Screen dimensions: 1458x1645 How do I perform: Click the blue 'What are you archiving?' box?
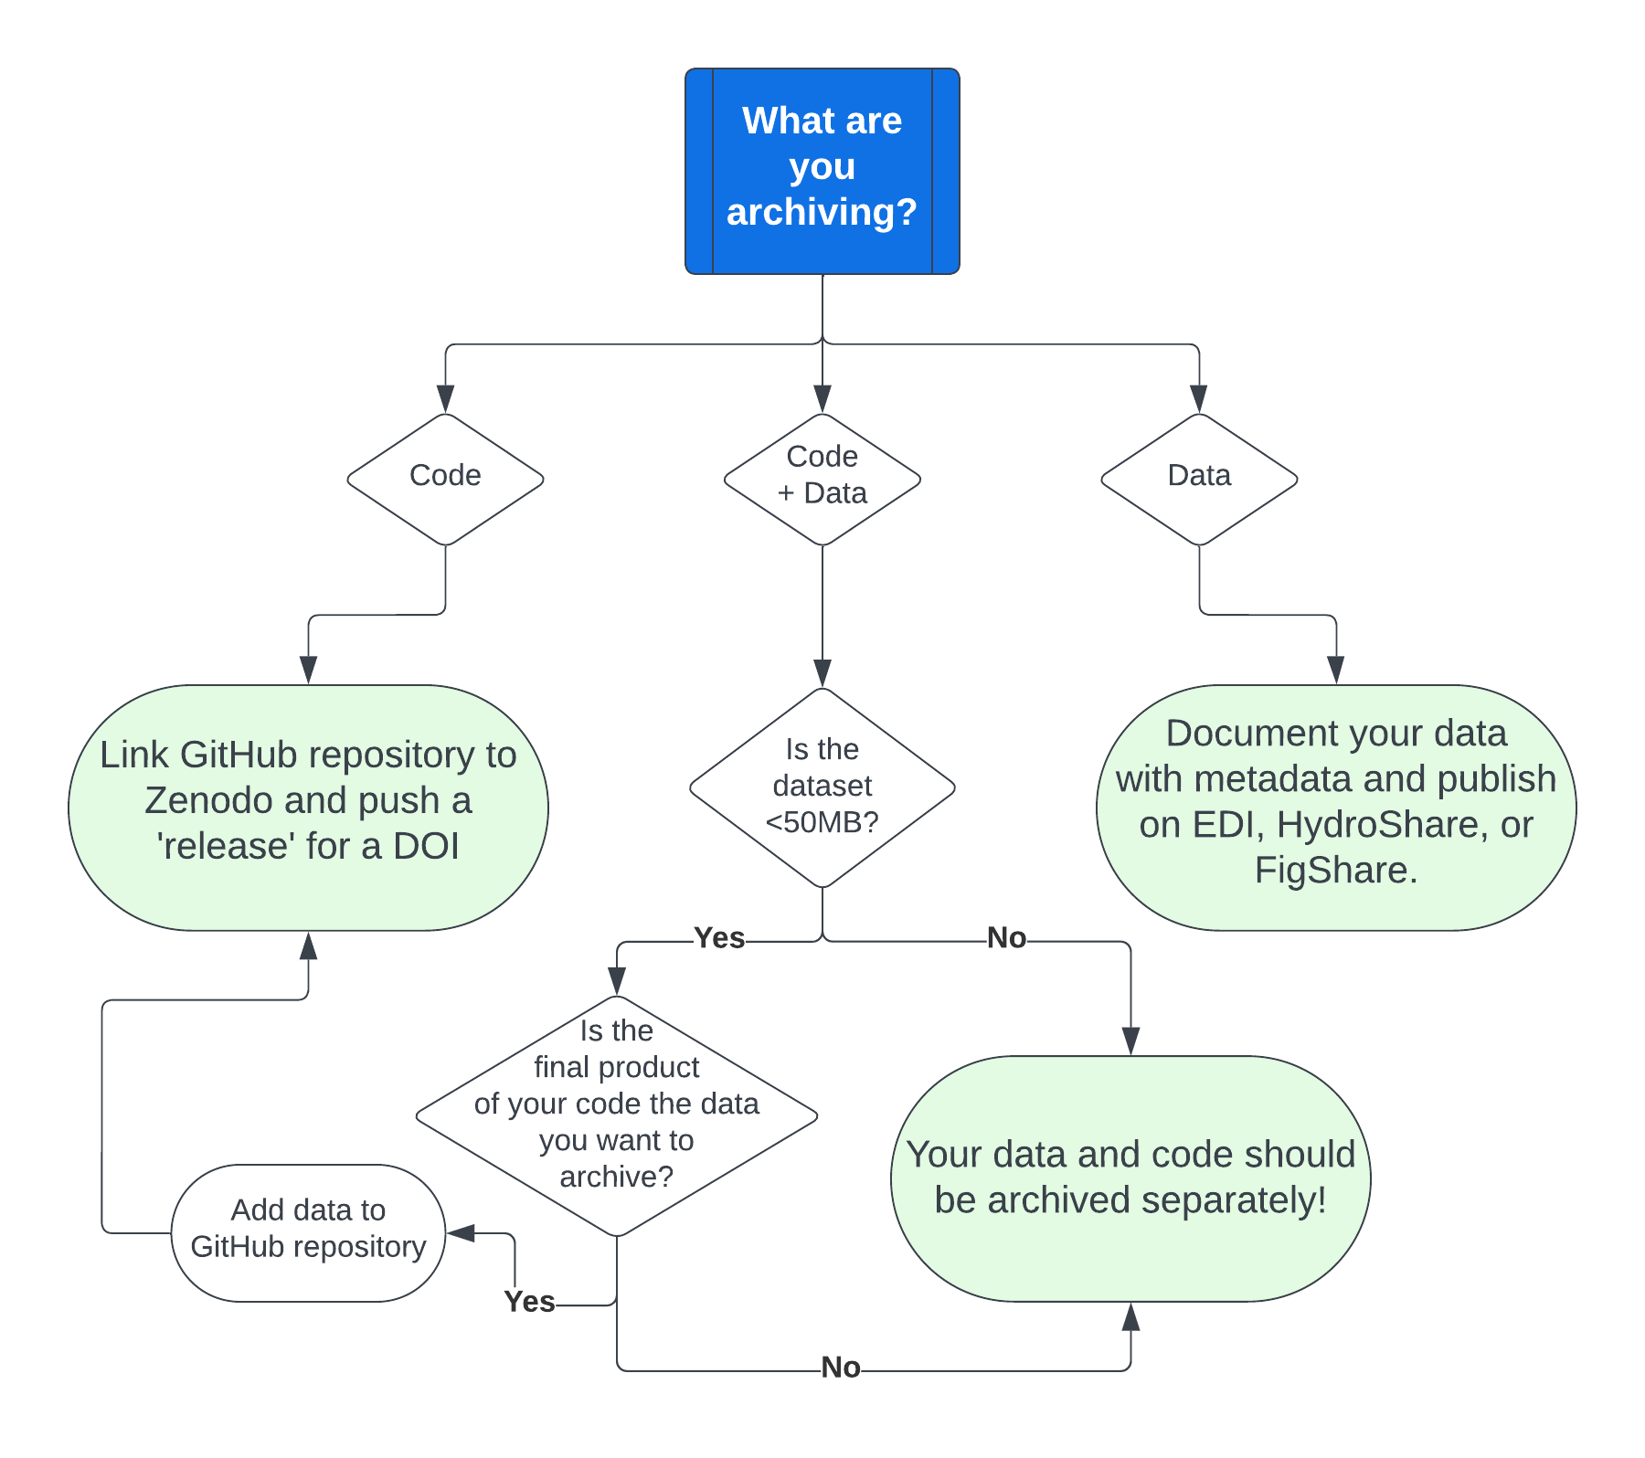pyautogui.click(x=822, y=171)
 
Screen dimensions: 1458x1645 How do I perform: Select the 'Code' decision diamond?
pyautogui.click(x=445, y=479)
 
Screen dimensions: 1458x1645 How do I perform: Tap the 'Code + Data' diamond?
pyautogui.click(x=822, y=479)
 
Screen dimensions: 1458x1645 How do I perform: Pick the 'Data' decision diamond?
pyautogui.click(x=1199, y=479)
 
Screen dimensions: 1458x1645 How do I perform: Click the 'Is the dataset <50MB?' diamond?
pyautogui.click(x=822, y=787)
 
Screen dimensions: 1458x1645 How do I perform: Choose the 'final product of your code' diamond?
pyautogui.click(x=616, y=1115)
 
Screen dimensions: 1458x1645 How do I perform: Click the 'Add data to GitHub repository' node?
pyautogui.click(x=308, y=1231)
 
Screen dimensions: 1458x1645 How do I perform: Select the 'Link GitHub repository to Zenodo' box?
pyautogui.click(x=308, y=808)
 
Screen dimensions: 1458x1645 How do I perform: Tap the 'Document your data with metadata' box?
pyautogui.click(x=1335, y=808)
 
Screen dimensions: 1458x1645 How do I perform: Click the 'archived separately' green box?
pyautogui.click(x=1130, y=1178)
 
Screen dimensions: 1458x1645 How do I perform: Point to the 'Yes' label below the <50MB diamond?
pyautogui.click(x=719, y=938)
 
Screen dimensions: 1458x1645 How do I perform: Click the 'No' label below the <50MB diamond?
pyautogui.click(x=1006, y=938)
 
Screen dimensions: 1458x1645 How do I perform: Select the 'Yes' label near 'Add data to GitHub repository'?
pyautogui.click(x=529, y=1302)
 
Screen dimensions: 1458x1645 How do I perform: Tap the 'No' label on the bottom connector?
pyautogui.click(x=841, y=1368)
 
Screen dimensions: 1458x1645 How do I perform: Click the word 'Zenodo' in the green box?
pyautogui.click(x=208, y=801)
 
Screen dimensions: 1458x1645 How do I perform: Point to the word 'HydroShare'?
pyautogui.click(x=1378, y=825)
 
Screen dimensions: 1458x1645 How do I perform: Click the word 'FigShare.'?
pyautogui.click(x=1335, y=871)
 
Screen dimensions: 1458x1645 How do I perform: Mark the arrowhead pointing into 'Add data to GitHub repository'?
pyautogui.click(x=460, y=1233)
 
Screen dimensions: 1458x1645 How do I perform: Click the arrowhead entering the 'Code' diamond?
pyautogui.click(x=445, y=399)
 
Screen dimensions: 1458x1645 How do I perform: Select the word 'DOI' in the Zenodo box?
pyautogui.click(x=426, y=847)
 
